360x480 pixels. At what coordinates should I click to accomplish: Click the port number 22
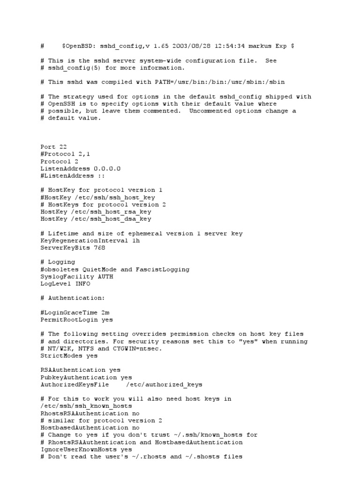(x=62, y=147)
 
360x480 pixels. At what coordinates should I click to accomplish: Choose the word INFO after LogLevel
(x=82, y=284)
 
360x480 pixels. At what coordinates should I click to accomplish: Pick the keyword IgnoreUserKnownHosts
(x=76, y=449)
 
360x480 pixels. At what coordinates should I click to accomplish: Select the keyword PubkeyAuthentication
(x=78, y=377)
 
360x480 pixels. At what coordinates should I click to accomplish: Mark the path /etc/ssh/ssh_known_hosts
(x=85, y=406)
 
